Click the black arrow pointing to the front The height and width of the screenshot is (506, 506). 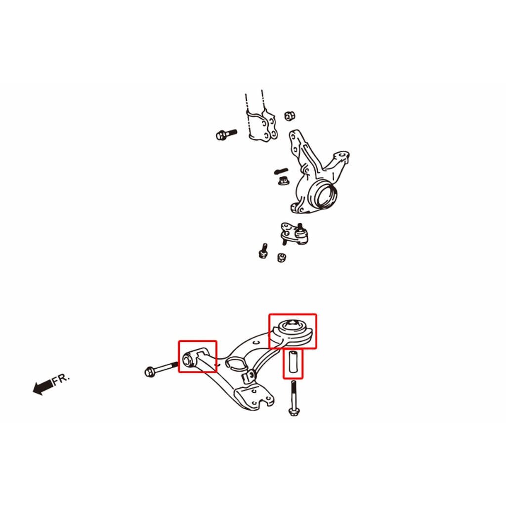43,387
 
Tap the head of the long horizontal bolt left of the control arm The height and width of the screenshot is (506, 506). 149,372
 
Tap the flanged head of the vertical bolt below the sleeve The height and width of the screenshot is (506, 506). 294,412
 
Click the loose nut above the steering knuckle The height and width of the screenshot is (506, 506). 290,116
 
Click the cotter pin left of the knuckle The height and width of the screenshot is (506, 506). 281,170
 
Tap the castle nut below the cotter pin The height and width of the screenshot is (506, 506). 284,181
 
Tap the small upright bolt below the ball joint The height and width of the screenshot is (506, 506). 264,251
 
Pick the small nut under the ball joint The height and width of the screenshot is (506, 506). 282,257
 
